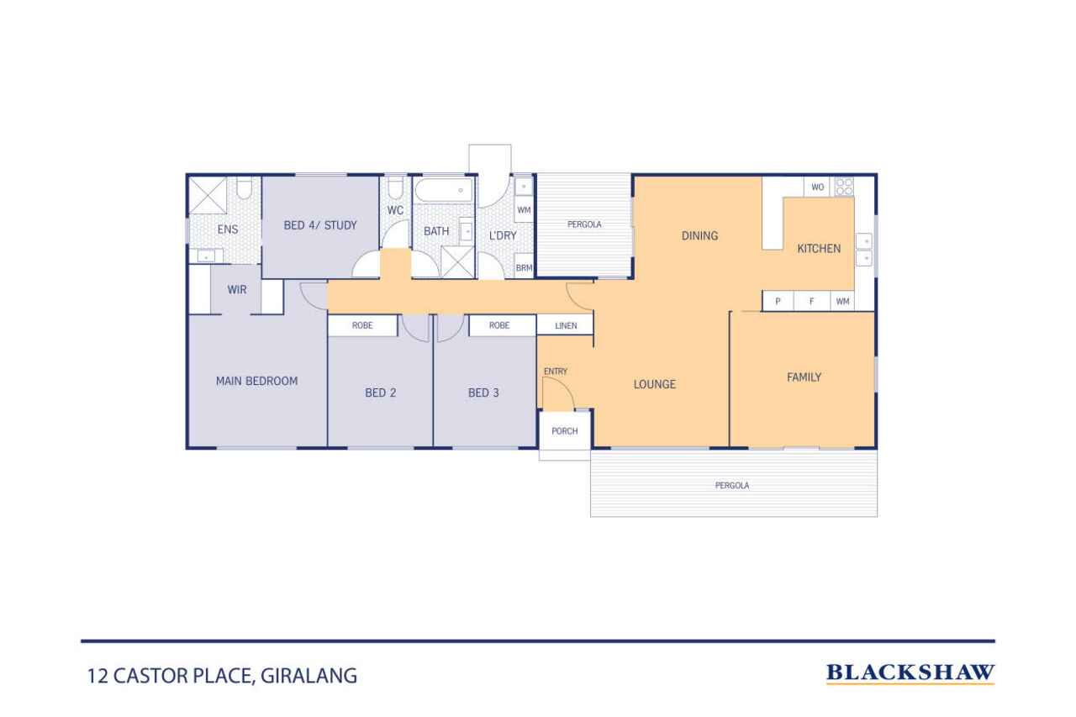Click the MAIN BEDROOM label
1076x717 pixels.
tap(256, 381)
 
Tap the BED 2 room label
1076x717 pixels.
tap(380, 393)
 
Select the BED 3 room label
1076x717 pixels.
tap(483, 393)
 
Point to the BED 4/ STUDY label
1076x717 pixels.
tap(320, 225)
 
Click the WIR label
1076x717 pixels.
tap(237, 290)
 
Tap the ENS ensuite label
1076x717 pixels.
tap(228, 229)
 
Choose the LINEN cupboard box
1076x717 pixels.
tap(566, 325)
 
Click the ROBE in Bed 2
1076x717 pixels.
tap(362, 325)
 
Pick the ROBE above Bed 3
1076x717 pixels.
tap(499, 325)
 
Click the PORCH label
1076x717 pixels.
tap(564, 431)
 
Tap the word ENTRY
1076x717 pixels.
tap(556, 372)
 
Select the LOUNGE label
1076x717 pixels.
tap(654, 385)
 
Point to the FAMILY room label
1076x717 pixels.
tap(804, 377)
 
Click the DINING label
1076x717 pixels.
tap(699, 236)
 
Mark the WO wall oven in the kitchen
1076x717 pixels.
tap(818, 187)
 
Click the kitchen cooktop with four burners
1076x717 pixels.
tap(843, 187)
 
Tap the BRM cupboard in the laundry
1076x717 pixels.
tap(524, 268)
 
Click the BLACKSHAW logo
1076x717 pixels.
tap(910, 672)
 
